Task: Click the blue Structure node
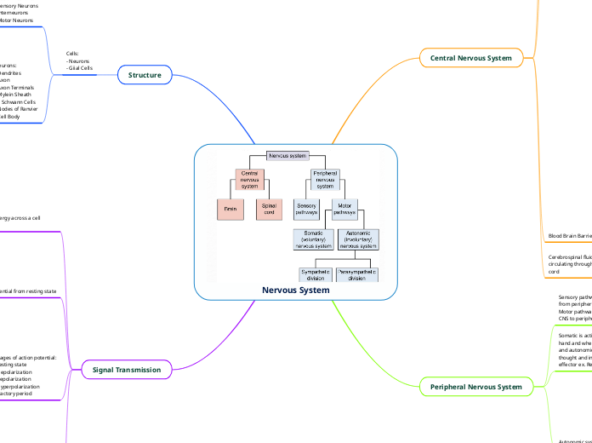[145, 75]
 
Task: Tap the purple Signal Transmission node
[126, 370]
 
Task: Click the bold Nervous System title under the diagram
[295, 291]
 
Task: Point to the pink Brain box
[231, 209]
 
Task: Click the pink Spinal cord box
[269, 209]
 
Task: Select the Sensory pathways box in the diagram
[307, 209]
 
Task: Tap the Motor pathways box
[344, 209]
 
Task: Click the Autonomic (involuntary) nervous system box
[358, 239]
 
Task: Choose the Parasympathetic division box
[356, 274]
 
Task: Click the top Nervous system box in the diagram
[287, 155]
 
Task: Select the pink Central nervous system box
[250, 180]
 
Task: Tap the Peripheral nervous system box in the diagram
[326, 180]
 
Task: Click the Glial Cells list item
[81, 67]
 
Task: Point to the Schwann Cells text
[22, 101]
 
